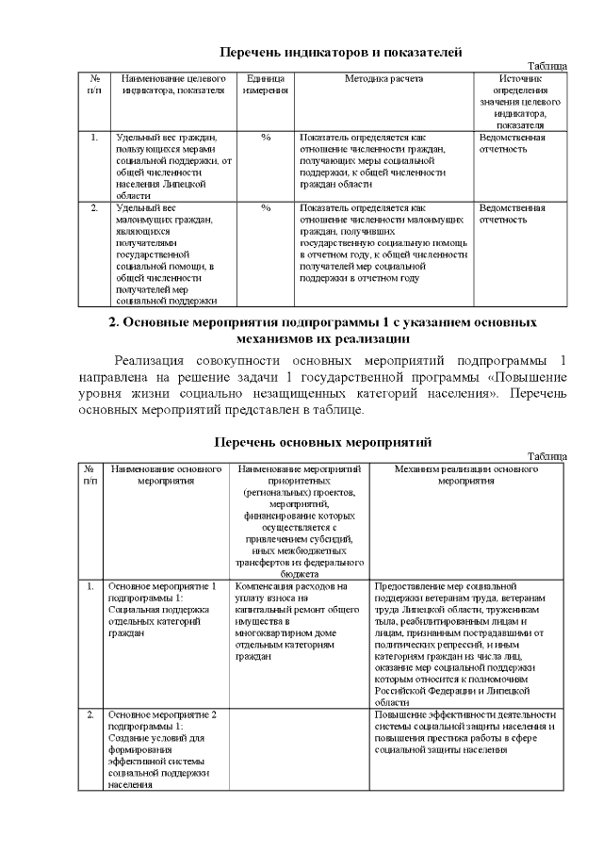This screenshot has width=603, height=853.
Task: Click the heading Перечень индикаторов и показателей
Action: click(340, 53)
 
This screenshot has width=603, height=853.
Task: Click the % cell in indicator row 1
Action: click(266, 138)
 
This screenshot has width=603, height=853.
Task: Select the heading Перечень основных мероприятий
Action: click(322, 441)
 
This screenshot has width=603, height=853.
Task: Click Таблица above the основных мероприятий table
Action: click(546, 455)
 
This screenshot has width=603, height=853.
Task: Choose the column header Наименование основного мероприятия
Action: click(166, 474)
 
